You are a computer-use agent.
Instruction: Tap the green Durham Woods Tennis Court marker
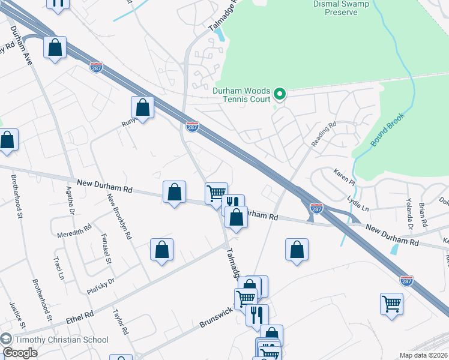279,94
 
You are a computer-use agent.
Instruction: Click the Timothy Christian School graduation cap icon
7,340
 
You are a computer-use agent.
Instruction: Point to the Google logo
20,353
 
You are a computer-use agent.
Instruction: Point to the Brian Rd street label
424,214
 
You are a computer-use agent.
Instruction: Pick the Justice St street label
16,316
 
